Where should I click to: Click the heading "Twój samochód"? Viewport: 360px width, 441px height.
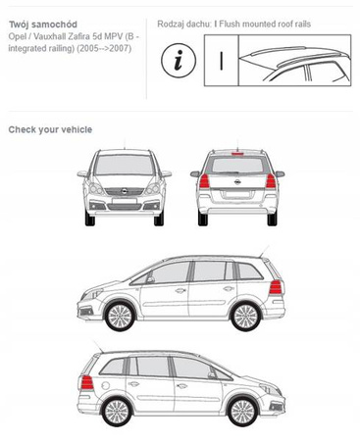pyautogui.click(x=43, y=24)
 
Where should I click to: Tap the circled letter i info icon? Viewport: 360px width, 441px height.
pyautogui.click(x=179, y=61)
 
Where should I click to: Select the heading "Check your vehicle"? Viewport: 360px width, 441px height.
pyautogui.click(x=50, y=129)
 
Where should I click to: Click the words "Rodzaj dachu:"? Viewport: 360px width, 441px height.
pyautogui.click(x=184, y=24)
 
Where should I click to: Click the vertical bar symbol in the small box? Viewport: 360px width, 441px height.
pyautogui.click(x=222, y=61)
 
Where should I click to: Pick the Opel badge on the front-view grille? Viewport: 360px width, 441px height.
pyautogui.click(x=125, y=191)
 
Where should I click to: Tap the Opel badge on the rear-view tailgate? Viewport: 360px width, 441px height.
pyautogui.click(x=237, y=182)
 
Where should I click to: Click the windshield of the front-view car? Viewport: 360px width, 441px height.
pyautogui.click(x=125, y=165)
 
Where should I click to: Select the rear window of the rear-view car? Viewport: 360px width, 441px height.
pyautogui.click(x=237, y=165)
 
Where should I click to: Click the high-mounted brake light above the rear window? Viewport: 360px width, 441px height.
pyautogui.click(x=237, y=153)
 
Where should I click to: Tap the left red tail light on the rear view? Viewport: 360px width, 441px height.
pyautogui.click(x=204, y=181)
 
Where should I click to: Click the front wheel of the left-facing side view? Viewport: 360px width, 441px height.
pyautogui.click(x=120, y=317)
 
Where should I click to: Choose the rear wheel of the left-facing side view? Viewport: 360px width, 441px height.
pyautogui.click(x=246, y=317)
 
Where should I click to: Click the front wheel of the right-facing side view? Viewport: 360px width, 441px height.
pyautogui.click(x=242, y=412)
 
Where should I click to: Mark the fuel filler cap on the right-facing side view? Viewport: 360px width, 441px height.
pyautogui.click(x=105, y=386)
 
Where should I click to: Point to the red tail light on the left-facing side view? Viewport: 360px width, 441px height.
pyautogui.click(x=276, y=287)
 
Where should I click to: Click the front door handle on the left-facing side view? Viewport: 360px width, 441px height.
pyautogui.click(x=180, y=290)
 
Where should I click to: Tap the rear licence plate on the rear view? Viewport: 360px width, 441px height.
pyautogui.click(x=237, y=195)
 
